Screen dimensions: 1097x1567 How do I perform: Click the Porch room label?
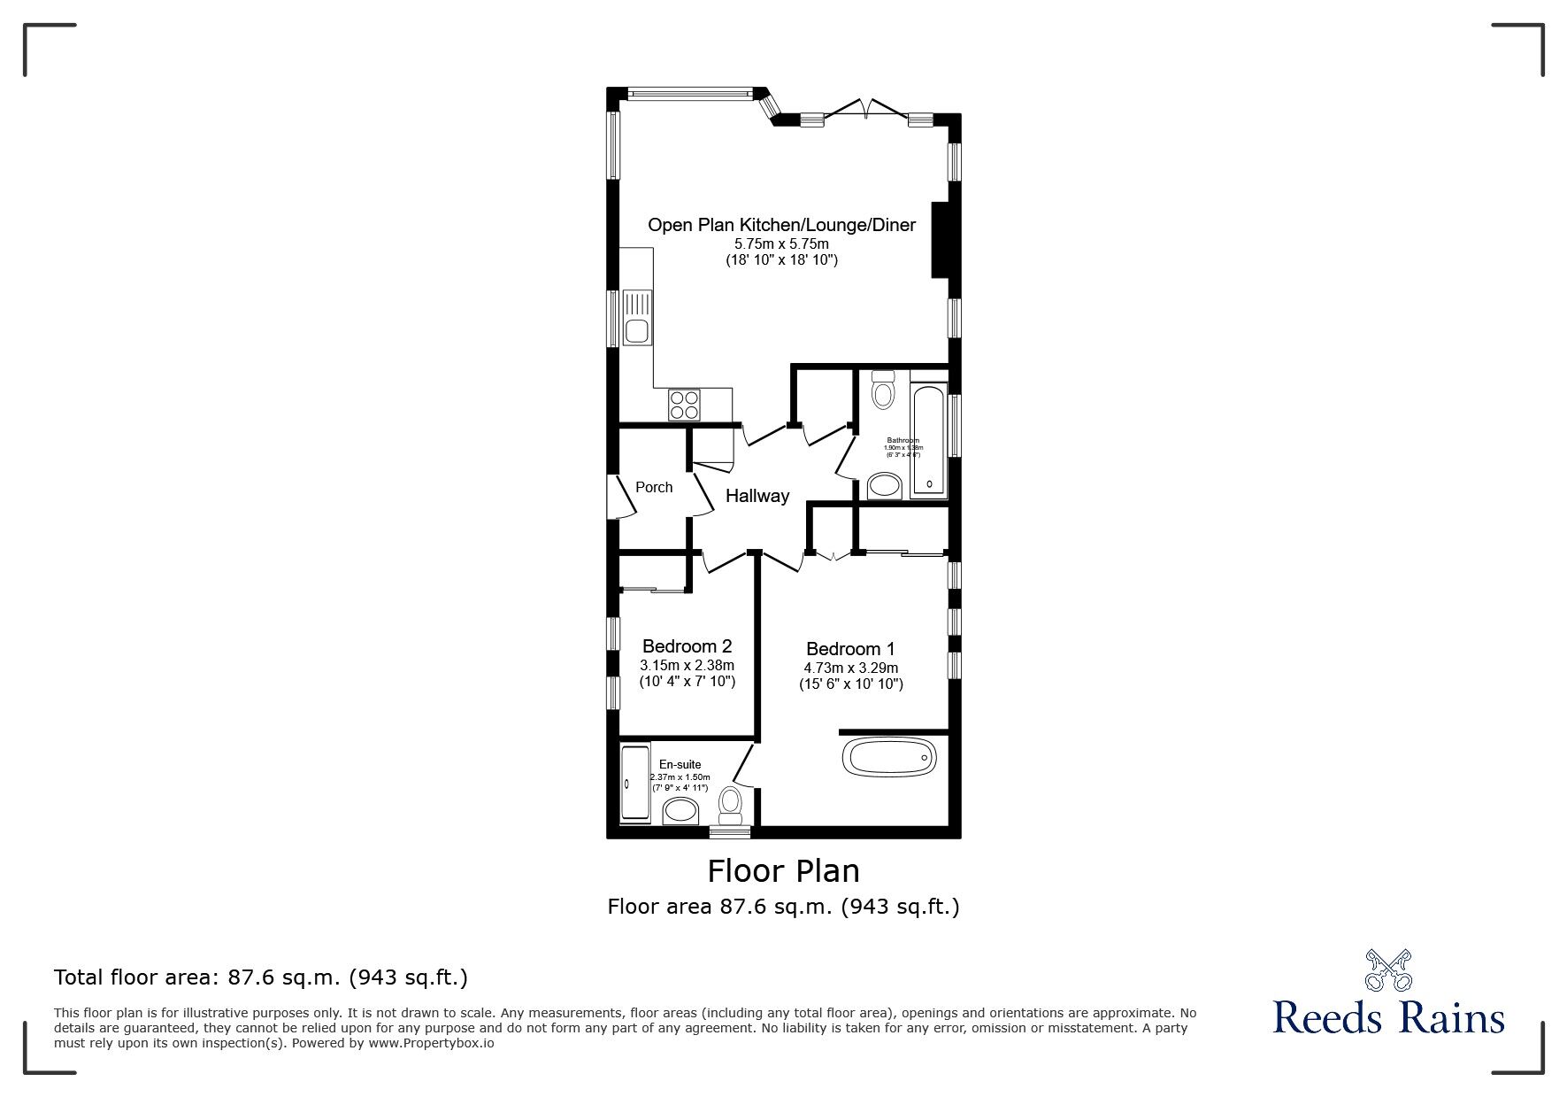pos(654,487)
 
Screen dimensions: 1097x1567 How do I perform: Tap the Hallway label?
pos(757,496)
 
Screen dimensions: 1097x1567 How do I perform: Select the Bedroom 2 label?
pos(687,646)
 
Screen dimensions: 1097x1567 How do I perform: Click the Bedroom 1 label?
pos(849,649)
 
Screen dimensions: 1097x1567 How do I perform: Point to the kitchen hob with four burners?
pos(684,405)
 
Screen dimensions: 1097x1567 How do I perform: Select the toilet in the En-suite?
pos(730,804)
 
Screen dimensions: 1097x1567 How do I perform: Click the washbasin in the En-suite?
pos(680,809)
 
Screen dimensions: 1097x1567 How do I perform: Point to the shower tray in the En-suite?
pos(634,783)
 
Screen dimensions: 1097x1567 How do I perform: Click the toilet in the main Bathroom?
pos(882,390)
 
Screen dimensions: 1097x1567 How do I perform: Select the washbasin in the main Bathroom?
pos(884,485)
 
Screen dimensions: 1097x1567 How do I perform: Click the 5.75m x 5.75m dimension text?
pos(781,243)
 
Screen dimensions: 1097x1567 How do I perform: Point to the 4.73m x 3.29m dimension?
pos(850,668)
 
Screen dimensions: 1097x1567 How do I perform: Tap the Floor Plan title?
pos(783,870)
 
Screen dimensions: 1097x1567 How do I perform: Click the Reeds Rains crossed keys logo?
pos(1388,970)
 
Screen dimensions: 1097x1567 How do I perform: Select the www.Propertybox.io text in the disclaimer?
pos(430,1043)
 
